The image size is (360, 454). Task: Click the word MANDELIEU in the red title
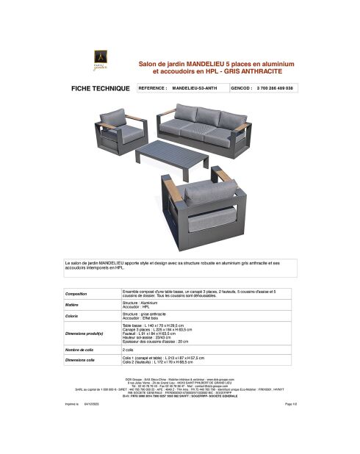[x=199, y=65]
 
